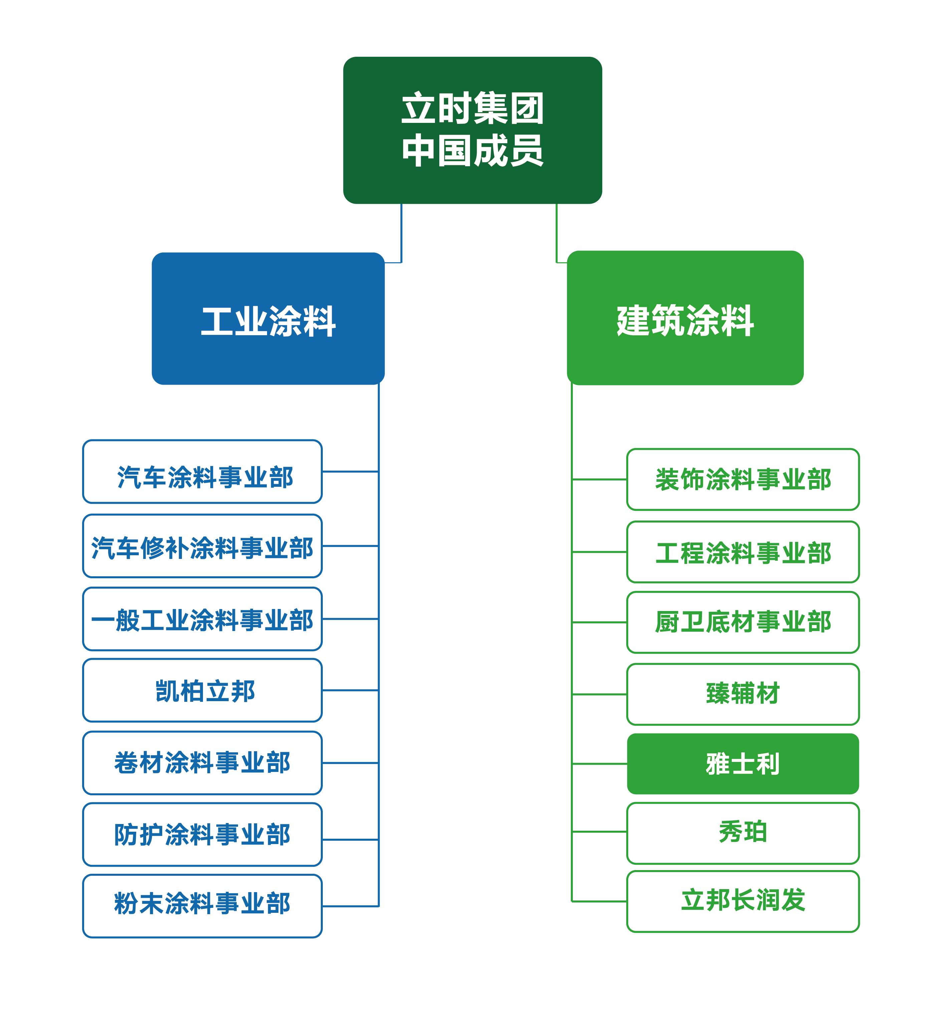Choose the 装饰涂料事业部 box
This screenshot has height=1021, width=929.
tap(743, 479)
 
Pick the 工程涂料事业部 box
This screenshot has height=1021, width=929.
tap(743, 552)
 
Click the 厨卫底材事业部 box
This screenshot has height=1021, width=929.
tap(743, 622)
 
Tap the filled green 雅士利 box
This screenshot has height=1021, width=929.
tap(743, 764)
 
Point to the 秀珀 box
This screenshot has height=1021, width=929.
tap(743, 833)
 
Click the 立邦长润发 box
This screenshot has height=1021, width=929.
tap(743, 901)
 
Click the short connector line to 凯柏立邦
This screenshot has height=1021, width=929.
tap(350, 690)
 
